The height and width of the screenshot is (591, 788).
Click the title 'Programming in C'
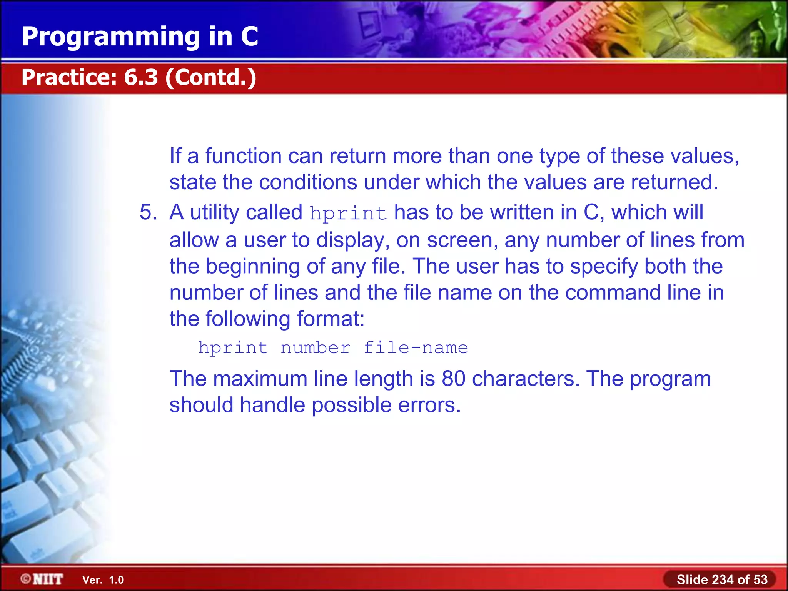coord(140,37)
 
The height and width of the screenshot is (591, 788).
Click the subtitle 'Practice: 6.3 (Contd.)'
coord(139,77)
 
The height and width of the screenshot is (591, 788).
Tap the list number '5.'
coord(148,212)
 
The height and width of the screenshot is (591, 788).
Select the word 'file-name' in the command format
coord(416,348)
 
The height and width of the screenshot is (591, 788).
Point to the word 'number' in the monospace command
coord(316,348)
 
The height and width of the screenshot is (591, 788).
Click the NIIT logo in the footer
coord(42,579)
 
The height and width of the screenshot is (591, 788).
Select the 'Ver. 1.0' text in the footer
coord(103,580)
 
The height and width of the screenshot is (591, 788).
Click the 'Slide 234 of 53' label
coord(722,579)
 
